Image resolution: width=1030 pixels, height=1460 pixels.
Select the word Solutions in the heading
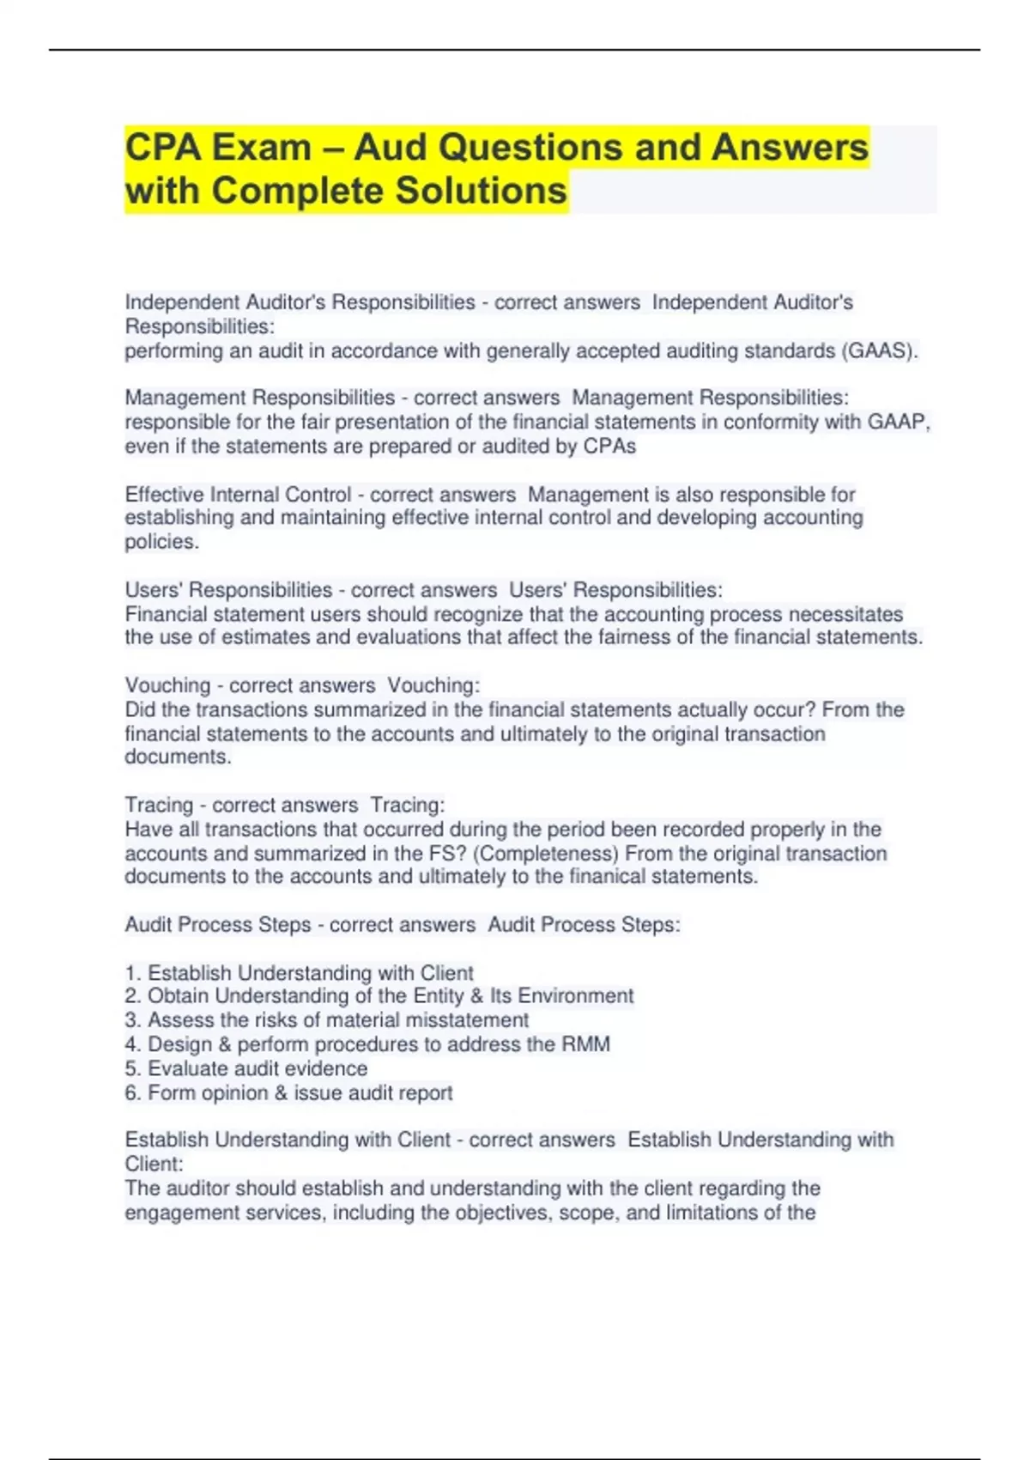(x=481, y=191)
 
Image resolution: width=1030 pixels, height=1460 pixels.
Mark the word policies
(x=161, y=542)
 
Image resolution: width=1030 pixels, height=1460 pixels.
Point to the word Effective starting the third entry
(x=164, y=495)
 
